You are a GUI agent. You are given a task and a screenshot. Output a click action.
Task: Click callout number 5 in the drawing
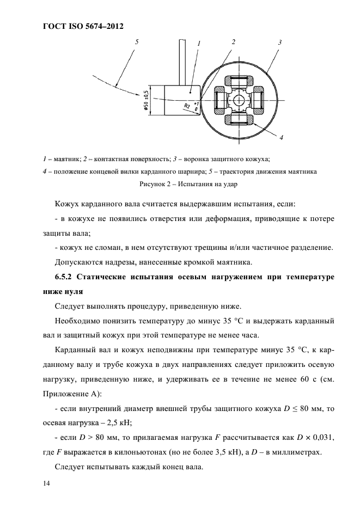[x=137, y=41]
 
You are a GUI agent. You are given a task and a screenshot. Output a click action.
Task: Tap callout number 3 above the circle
[x=279, y=42]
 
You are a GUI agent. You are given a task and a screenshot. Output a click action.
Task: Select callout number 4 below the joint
[x=282, y=138]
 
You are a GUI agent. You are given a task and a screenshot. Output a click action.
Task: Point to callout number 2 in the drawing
[x=233, y=42]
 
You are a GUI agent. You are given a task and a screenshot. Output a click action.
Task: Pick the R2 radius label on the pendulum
[x=187, y=106]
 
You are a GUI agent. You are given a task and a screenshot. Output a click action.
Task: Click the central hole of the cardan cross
[x=240, y=101]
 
